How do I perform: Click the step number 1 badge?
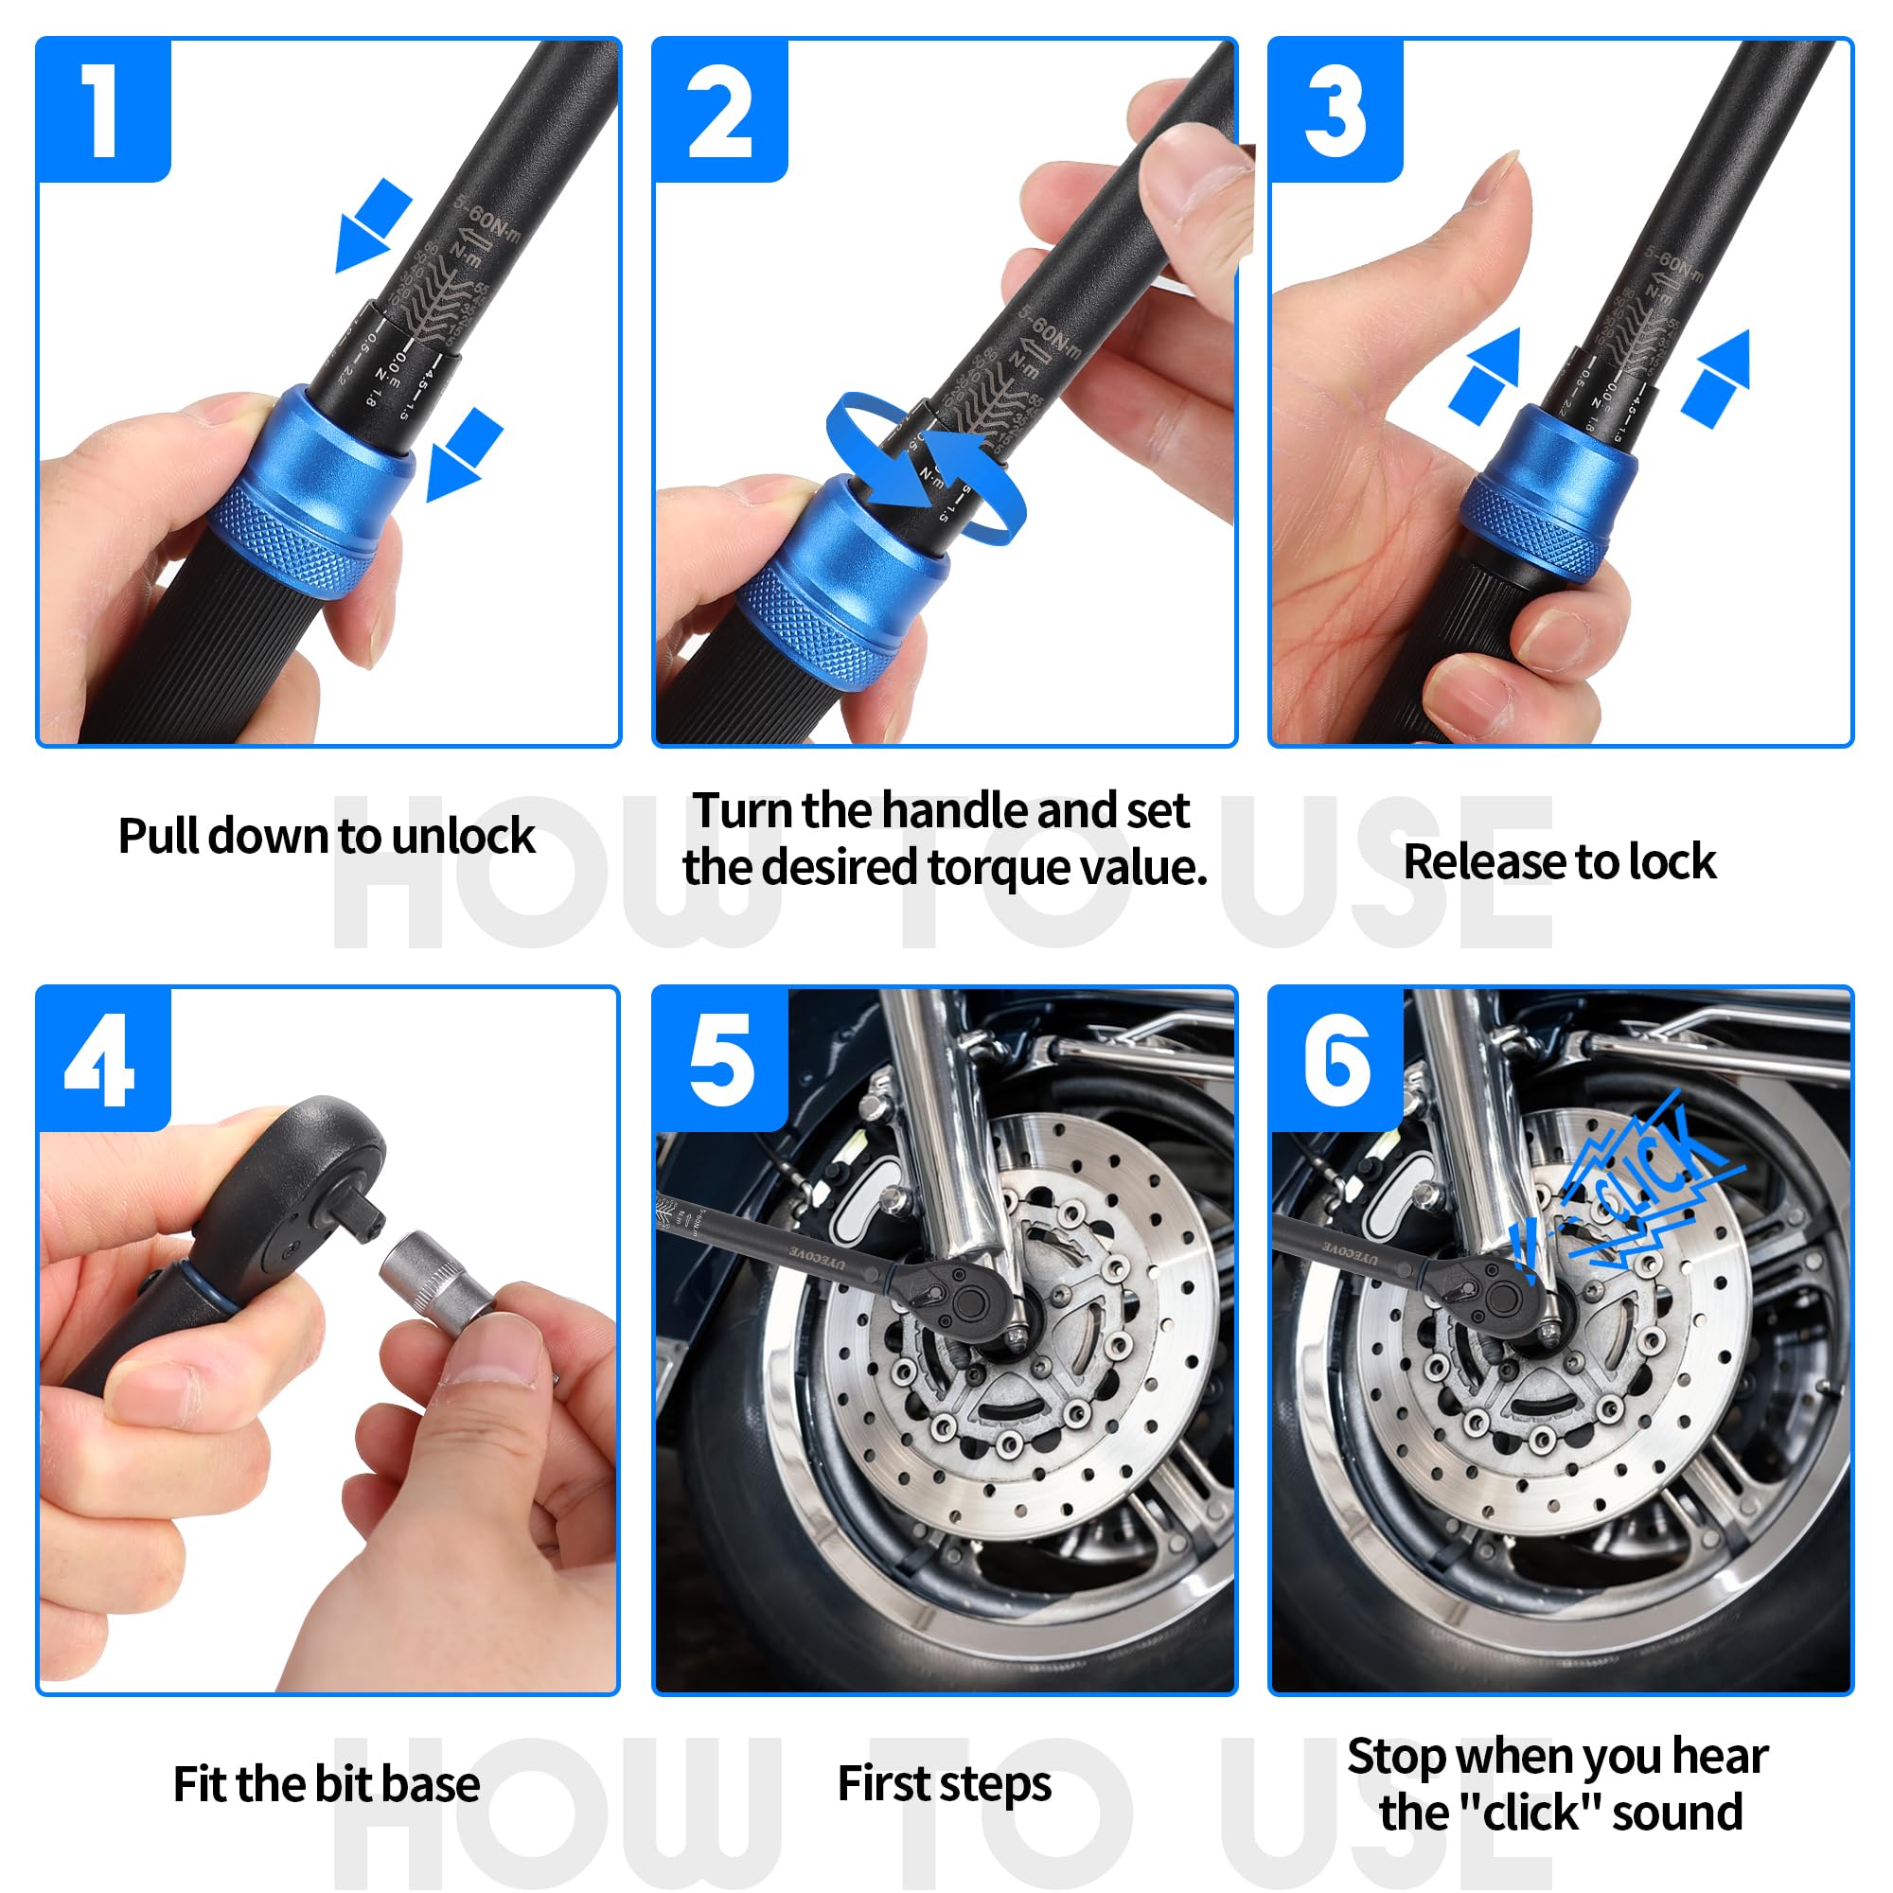point(103,110)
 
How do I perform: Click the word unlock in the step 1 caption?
point(463,836)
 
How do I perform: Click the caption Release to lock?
point(1559,862)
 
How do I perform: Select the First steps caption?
point(944,1784)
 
